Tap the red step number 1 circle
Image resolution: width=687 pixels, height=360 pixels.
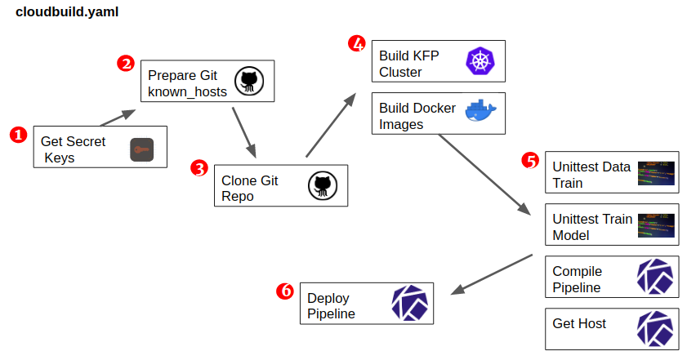[18, 135]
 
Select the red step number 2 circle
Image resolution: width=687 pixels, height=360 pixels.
[125, 64]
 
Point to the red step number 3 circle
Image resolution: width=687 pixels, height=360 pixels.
[199, 168]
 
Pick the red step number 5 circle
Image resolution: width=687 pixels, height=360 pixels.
[530, 160]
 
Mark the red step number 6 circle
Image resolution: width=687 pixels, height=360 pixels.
[285, 291]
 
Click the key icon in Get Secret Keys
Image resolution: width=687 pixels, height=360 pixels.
[142, 150]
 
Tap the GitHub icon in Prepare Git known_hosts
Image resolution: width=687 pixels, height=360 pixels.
[249, 82]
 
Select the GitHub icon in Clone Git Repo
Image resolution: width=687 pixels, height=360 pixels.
[322, 185]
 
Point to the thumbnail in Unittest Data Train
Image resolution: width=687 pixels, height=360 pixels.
[656, 172]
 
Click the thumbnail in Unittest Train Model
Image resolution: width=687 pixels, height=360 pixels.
[656, 224]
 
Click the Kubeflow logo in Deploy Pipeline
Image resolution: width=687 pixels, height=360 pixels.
[410, 302]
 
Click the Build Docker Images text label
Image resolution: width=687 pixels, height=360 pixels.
[417, 116]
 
